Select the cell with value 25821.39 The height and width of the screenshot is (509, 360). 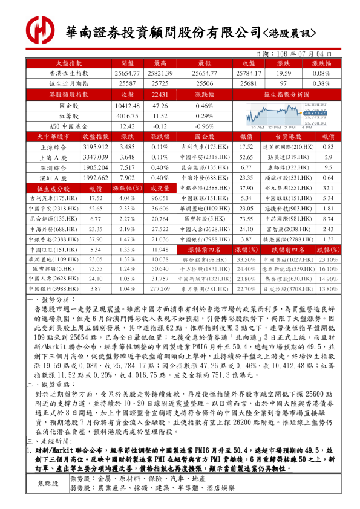[160, 73]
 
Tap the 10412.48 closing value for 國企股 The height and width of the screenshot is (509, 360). [128, 106]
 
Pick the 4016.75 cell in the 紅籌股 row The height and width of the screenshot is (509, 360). [128, 116]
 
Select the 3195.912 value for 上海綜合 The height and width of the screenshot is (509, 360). [94, 147]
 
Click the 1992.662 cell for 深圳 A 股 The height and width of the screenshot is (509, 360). [94, 178]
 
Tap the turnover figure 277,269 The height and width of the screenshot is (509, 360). [160, 288]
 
